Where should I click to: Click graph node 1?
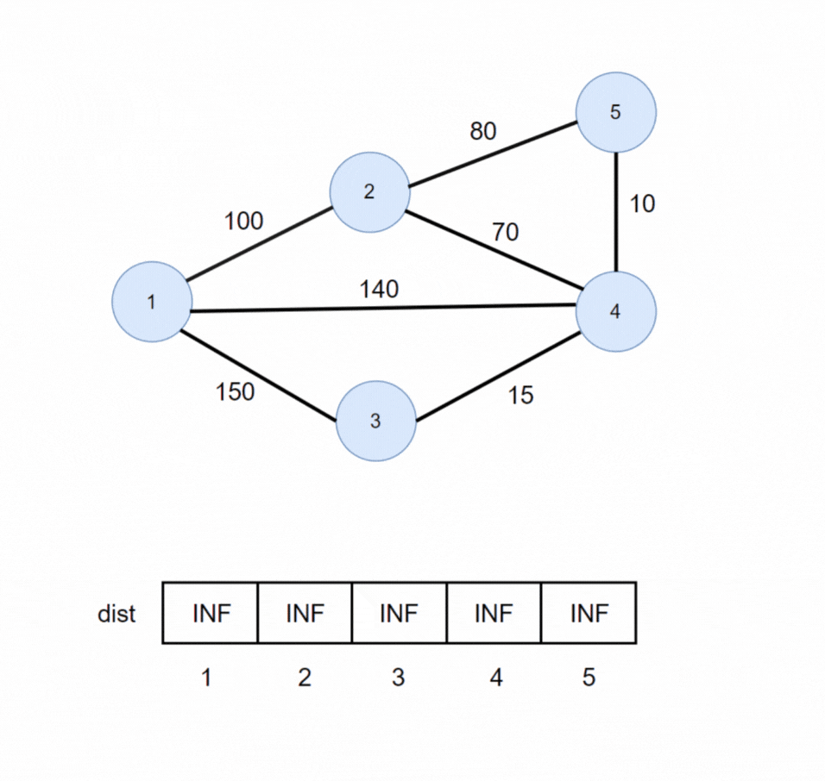pyautogui.click(x=152, y=302)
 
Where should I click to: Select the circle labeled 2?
pyautogui.click(x=369, y=192)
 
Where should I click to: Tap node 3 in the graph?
pyautogui.click(x=375, y=422)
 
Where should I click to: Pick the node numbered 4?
pyautogui.click(x=615, y=311)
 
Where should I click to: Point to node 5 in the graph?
pyautogui.click(x=615, y=113)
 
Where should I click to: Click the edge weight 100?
pyautogui.click(x=243, y=222)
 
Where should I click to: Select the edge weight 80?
pyautogui.click(x=483, y=132)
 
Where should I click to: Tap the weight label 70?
pyautogui.click(x=505, y=231)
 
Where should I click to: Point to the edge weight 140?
pyautogui.click(x=379, y=290)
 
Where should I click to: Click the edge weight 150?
pyautogui.click(x=235, y=392)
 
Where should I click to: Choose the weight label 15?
pyautogui.click(x=520, y=395)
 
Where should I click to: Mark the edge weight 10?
pyautogui.click(x=642, y=203)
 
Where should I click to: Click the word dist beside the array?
pyautogui.click(x=117, y=615)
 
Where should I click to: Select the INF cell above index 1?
pyautogui.click(x=210, y=613)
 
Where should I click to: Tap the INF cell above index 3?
pyautogui.click(x=399, y=613)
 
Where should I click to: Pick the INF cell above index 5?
pyautogui.click(x=589, y=613)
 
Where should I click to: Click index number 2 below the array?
pyautogui.click(x=304, y=678)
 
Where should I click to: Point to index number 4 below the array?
pyautogui.click(x=494, y=678)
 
